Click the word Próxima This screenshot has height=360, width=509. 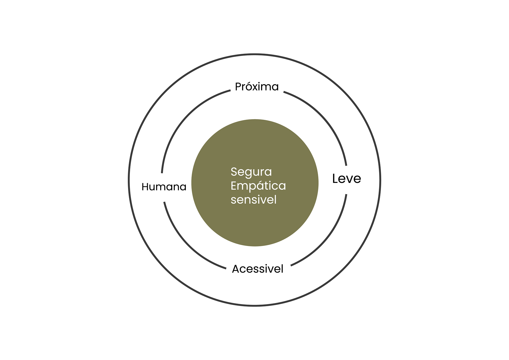pos(257,87)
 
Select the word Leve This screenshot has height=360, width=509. pos(346,178)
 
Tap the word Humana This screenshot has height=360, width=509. pos(164,187)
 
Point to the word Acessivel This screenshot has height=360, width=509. pos(257,269)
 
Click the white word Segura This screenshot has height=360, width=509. pos(251,172)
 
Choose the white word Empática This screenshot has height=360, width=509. pos(258,186)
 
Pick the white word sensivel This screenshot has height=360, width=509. pos(253,200)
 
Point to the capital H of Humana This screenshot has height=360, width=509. pos(145,187)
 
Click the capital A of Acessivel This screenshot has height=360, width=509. pos(236,269)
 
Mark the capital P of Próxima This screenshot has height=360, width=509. pos(238,87)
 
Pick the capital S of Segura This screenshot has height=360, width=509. pos(234,172)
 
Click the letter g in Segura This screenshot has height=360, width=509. pos(247,173)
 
